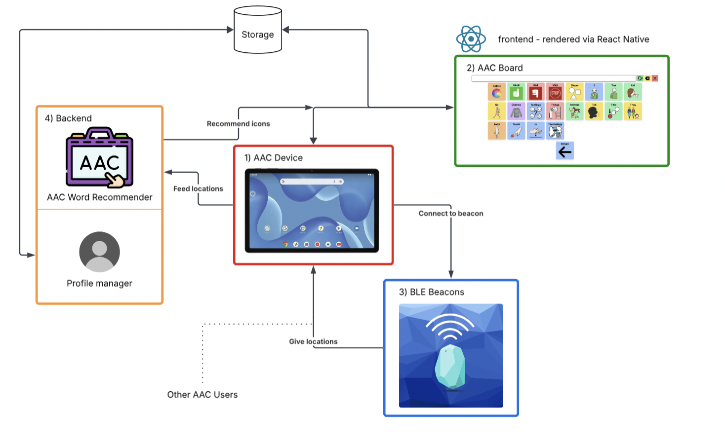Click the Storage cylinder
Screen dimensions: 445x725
click(257, 31)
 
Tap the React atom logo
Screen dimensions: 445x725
click(471, 39)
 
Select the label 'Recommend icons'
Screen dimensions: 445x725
click(238, 124)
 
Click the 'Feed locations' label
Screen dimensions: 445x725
click(198, 189)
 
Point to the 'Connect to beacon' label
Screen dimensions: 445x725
click(451, 214)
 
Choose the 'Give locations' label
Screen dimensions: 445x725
click(313, 341)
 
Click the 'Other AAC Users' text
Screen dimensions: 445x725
click(202, 395)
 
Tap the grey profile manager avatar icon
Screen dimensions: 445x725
click(99, 252)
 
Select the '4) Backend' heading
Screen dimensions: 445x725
click(68, 118)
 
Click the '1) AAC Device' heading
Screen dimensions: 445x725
click(273, 158)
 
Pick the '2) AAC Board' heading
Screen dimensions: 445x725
click(494, 68)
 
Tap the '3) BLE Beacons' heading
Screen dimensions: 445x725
click(431, 292)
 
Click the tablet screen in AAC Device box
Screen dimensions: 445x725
click(312, 211)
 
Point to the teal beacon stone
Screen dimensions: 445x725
click(450, 367)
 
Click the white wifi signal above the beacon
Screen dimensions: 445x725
click(449, 326)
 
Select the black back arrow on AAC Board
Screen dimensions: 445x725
click(564, 151)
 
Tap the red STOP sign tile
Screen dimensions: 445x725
click(555, 92)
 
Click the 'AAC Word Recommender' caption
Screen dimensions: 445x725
click(99, 197)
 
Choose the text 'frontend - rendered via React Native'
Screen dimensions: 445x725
click(573, 39)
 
